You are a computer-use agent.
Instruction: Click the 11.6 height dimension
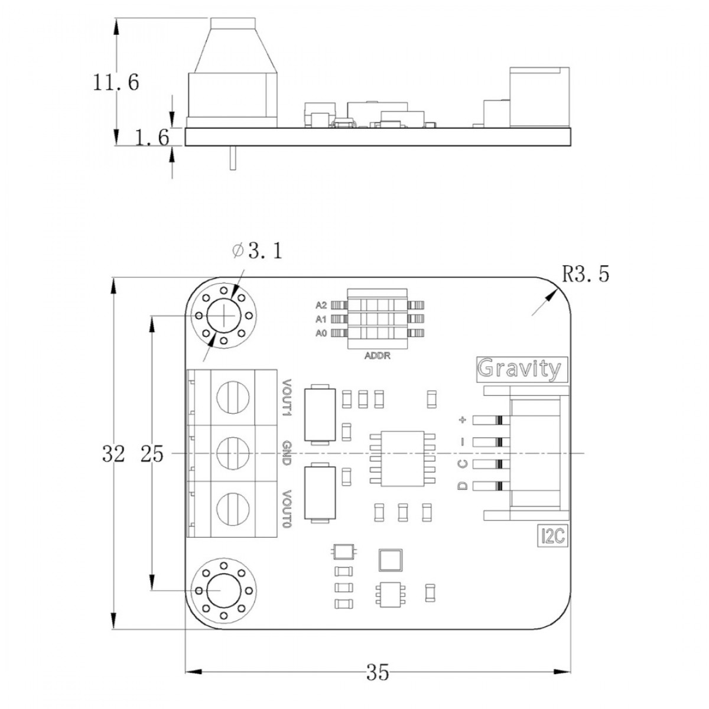click(x=116, y=83)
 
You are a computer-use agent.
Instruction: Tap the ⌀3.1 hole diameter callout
click(x=256, y=252)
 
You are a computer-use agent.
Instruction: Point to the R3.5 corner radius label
click(x=585, y=274)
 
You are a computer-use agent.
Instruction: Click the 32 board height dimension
click(x=113, y=454)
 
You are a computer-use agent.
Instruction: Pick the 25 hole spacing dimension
click(x=152, y=454)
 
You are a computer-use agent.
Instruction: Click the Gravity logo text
click(x=519, y=369)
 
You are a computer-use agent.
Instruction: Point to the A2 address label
click(x=321, y=305)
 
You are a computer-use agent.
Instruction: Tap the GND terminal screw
click(x=232, y=453)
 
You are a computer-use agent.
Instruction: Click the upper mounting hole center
click(x=224, y=315)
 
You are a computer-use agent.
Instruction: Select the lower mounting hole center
click(x=224, y=590)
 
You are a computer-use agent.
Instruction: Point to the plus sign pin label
click(x=463, y=421)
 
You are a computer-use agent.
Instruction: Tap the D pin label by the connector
click(x=463, y=486)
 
